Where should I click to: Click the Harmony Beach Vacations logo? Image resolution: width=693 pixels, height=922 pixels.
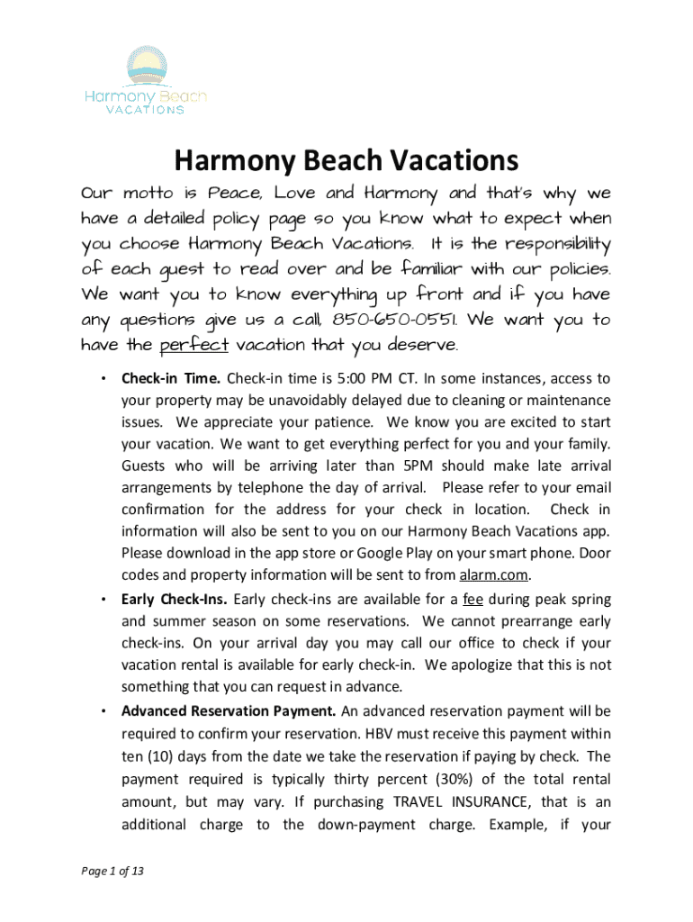[145, 81]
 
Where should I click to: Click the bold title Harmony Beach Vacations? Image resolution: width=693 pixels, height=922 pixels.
[346, 161]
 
